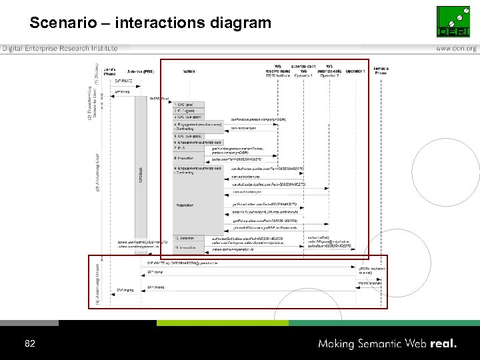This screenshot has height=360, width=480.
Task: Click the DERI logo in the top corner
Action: [x=457, y=21]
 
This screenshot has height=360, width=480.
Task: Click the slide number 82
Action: [x=29, y=344]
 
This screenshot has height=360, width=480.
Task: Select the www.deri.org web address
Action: [x=457, y=49]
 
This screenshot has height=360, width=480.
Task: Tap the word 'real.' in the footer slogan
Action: [x=443, y=344]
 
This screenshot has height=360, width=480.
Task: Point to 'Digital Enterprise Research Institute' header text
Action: [x=60, y=49]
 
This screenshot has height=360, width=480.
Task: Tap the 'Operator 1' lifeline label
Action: [x=355, y=70]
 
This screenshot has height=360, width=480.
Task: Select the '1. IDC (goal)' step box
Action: [x=184, y=105]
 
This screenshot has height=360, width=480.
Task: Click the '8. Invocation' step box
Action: [x=184, y=158]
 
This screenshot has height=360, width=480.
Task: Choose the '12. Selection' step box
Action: [x=185, y=238]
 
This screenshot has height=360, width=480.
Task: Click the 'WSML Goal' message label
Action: [x=159, y=98]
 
